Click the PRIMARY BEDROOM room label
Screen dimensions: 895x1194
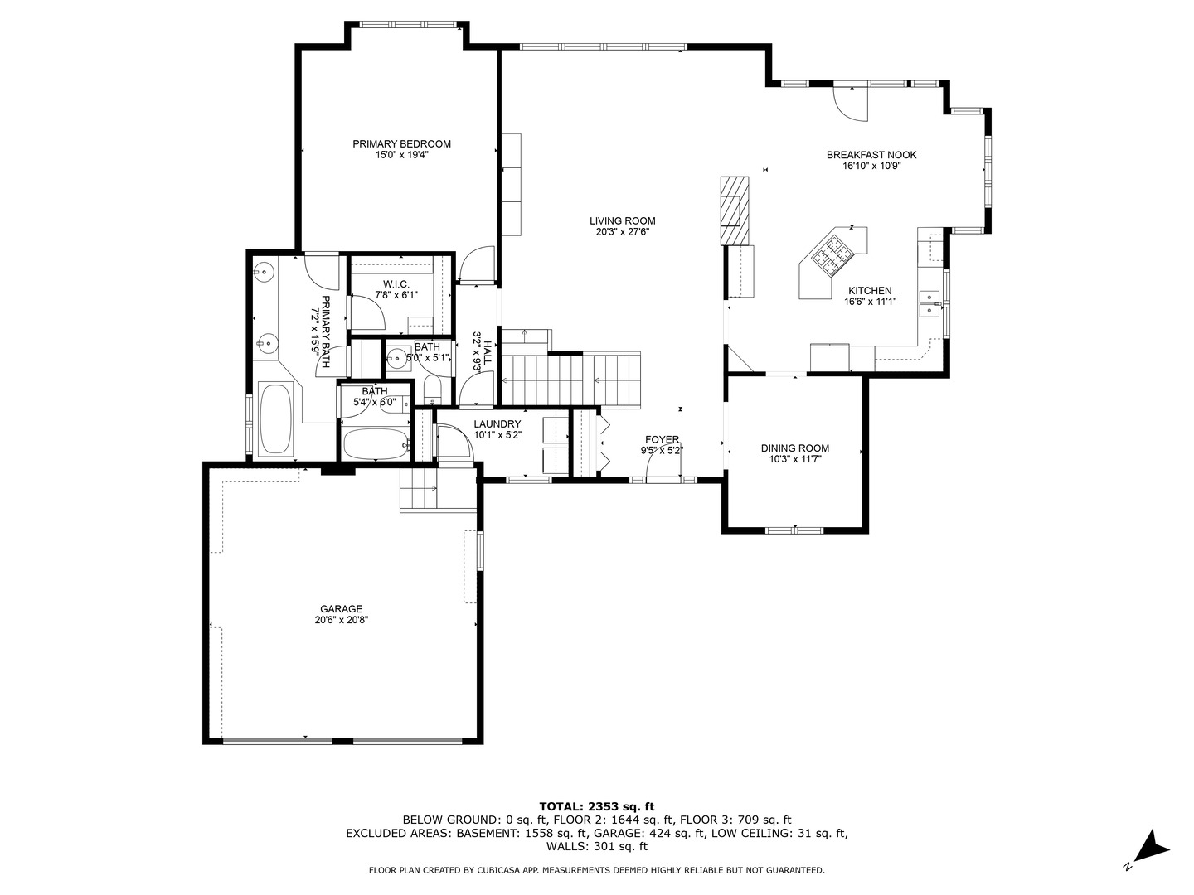(401, 143)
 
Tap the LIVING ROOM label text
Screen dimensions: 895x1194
(622, 220)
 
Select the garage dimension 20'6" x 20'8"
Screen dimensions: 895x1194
(341, 620)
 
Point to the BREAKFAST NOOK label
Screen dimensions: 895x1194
(871, 155)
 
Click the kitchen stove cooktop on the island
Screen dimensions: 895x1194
(831, 252)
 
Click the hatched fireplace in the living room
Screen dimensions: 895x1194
(733, 210)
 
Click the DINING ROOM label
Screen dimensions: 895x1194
(794, 448)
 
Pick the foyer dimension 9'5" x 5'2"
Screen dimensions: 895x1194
(662, 451)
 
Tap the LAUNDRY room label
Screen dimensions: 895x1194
(497, 424)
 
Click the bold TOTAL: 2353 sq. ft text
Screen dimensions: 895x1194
(596, 805)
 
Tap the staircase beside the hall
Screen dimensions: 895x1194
(572, 380)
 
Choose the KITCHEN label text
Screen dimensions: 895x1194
(869, 291)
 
